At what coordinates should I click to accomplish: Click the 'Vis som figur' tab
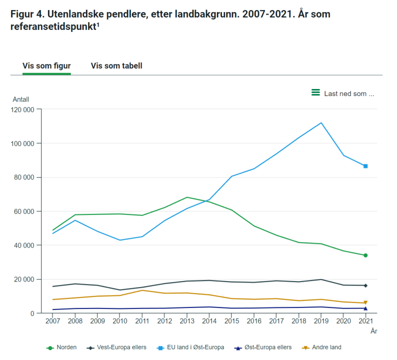point(46,65)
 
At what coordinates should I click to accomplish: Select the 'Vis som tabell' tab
point(116,65)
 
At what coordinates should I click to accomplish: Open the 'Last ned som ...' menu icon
point(315,92)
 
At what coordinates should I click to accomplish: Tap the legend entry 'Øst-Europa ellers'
point(268,347)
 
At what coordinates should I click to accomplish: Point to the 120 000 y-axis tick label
point(21,109)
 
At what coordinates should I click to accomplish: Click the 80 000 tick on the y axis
point(23,177)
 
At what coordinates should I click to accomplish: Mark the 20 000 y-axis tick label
point(23,279)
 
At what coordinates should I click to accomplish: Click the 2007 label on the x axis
point(52,321)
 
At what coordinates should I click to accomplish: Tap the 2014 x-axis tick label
point(209,321)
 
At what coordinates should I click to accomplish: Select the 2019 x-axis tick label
point(321,321)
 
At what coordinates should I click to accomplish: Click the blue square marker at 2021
point(365,166)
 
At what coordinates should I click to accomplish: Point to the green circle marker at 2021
point(365,255)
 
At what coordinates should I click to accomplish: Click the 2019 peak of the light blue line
point(321,122)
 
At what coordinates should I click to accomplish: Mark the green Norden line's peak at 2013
point(186,197)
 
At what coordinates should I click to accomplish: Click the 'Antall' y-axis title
point(20,99)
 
